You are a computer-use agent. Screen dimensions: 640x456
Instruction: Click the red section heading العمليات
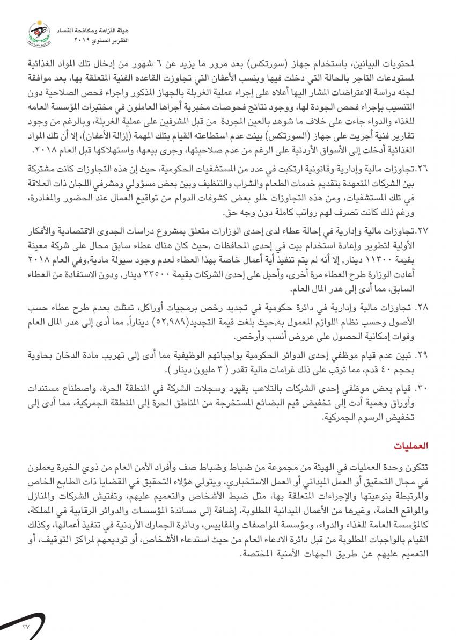[411, 446]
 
